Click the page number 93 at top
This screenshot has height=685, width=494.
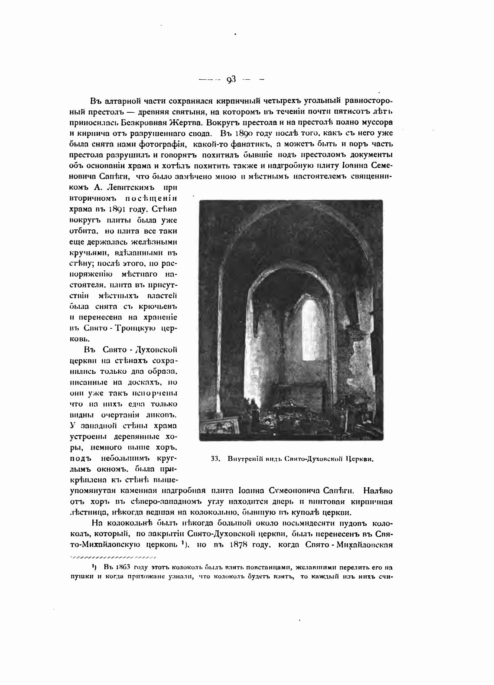click(231, 79)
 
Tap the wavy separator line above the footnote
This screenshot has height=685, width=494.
click(112, 556)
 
